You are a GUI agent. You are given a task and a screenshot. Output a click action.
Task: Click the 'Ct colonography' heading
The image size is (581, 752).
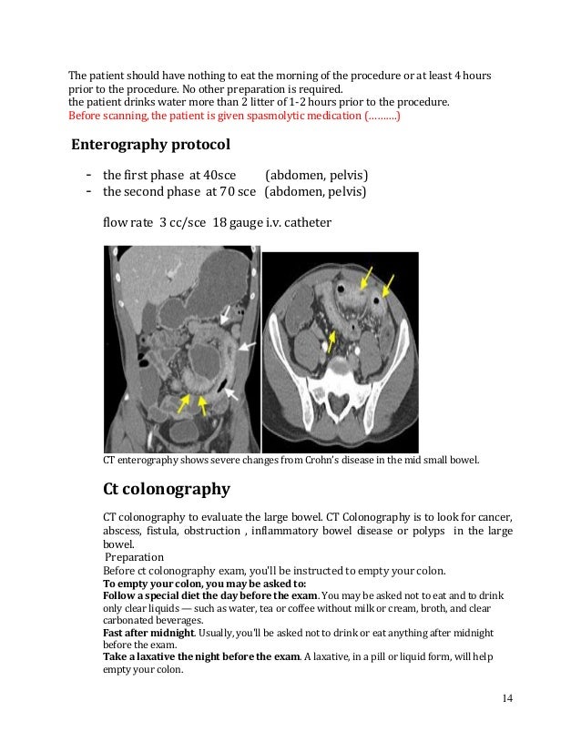tap(166, 489)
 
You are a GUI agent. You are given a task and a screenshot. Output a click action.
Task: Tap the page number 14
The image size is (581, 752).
tap(507, 697)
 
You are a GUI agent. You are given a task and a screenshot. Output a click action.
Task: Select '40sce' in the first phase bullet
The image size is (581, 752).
tap(219, 175)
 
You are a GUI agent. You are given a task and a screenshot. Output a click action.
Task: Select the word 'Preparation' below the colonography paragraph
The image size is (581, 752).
tap(134, 557)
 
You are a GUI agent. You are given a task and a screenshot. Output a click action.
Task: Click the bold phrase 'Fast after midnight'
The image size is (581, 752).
tap(148, 632)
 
